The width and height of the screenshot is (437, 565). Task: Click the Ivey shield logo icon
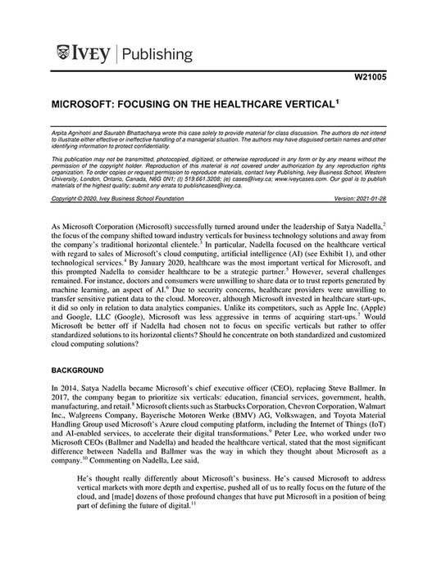pos(63,55)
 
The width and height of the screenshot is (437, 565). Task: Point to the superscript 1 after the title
pos(337,102)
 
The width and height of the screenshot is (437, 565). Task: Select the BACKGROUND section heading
pos(81,370)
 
